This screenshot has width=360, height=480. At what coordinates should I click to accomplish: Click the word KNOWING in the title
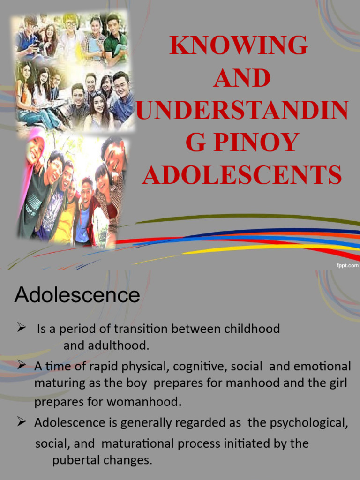(x=239, y=45)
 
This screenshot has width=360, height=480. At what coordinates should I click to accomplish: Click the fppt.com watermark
(x=346, y=265)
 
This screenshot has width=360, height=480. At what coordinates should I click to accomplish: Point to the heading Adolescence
(x=77, y=295)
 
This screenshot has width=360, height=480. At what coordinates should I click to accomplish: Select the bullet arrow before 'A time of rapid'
(x=21, y=365)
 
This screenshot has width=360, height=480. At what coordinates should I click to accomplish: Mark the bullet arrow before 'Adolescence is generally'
(x=21, y=422)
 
